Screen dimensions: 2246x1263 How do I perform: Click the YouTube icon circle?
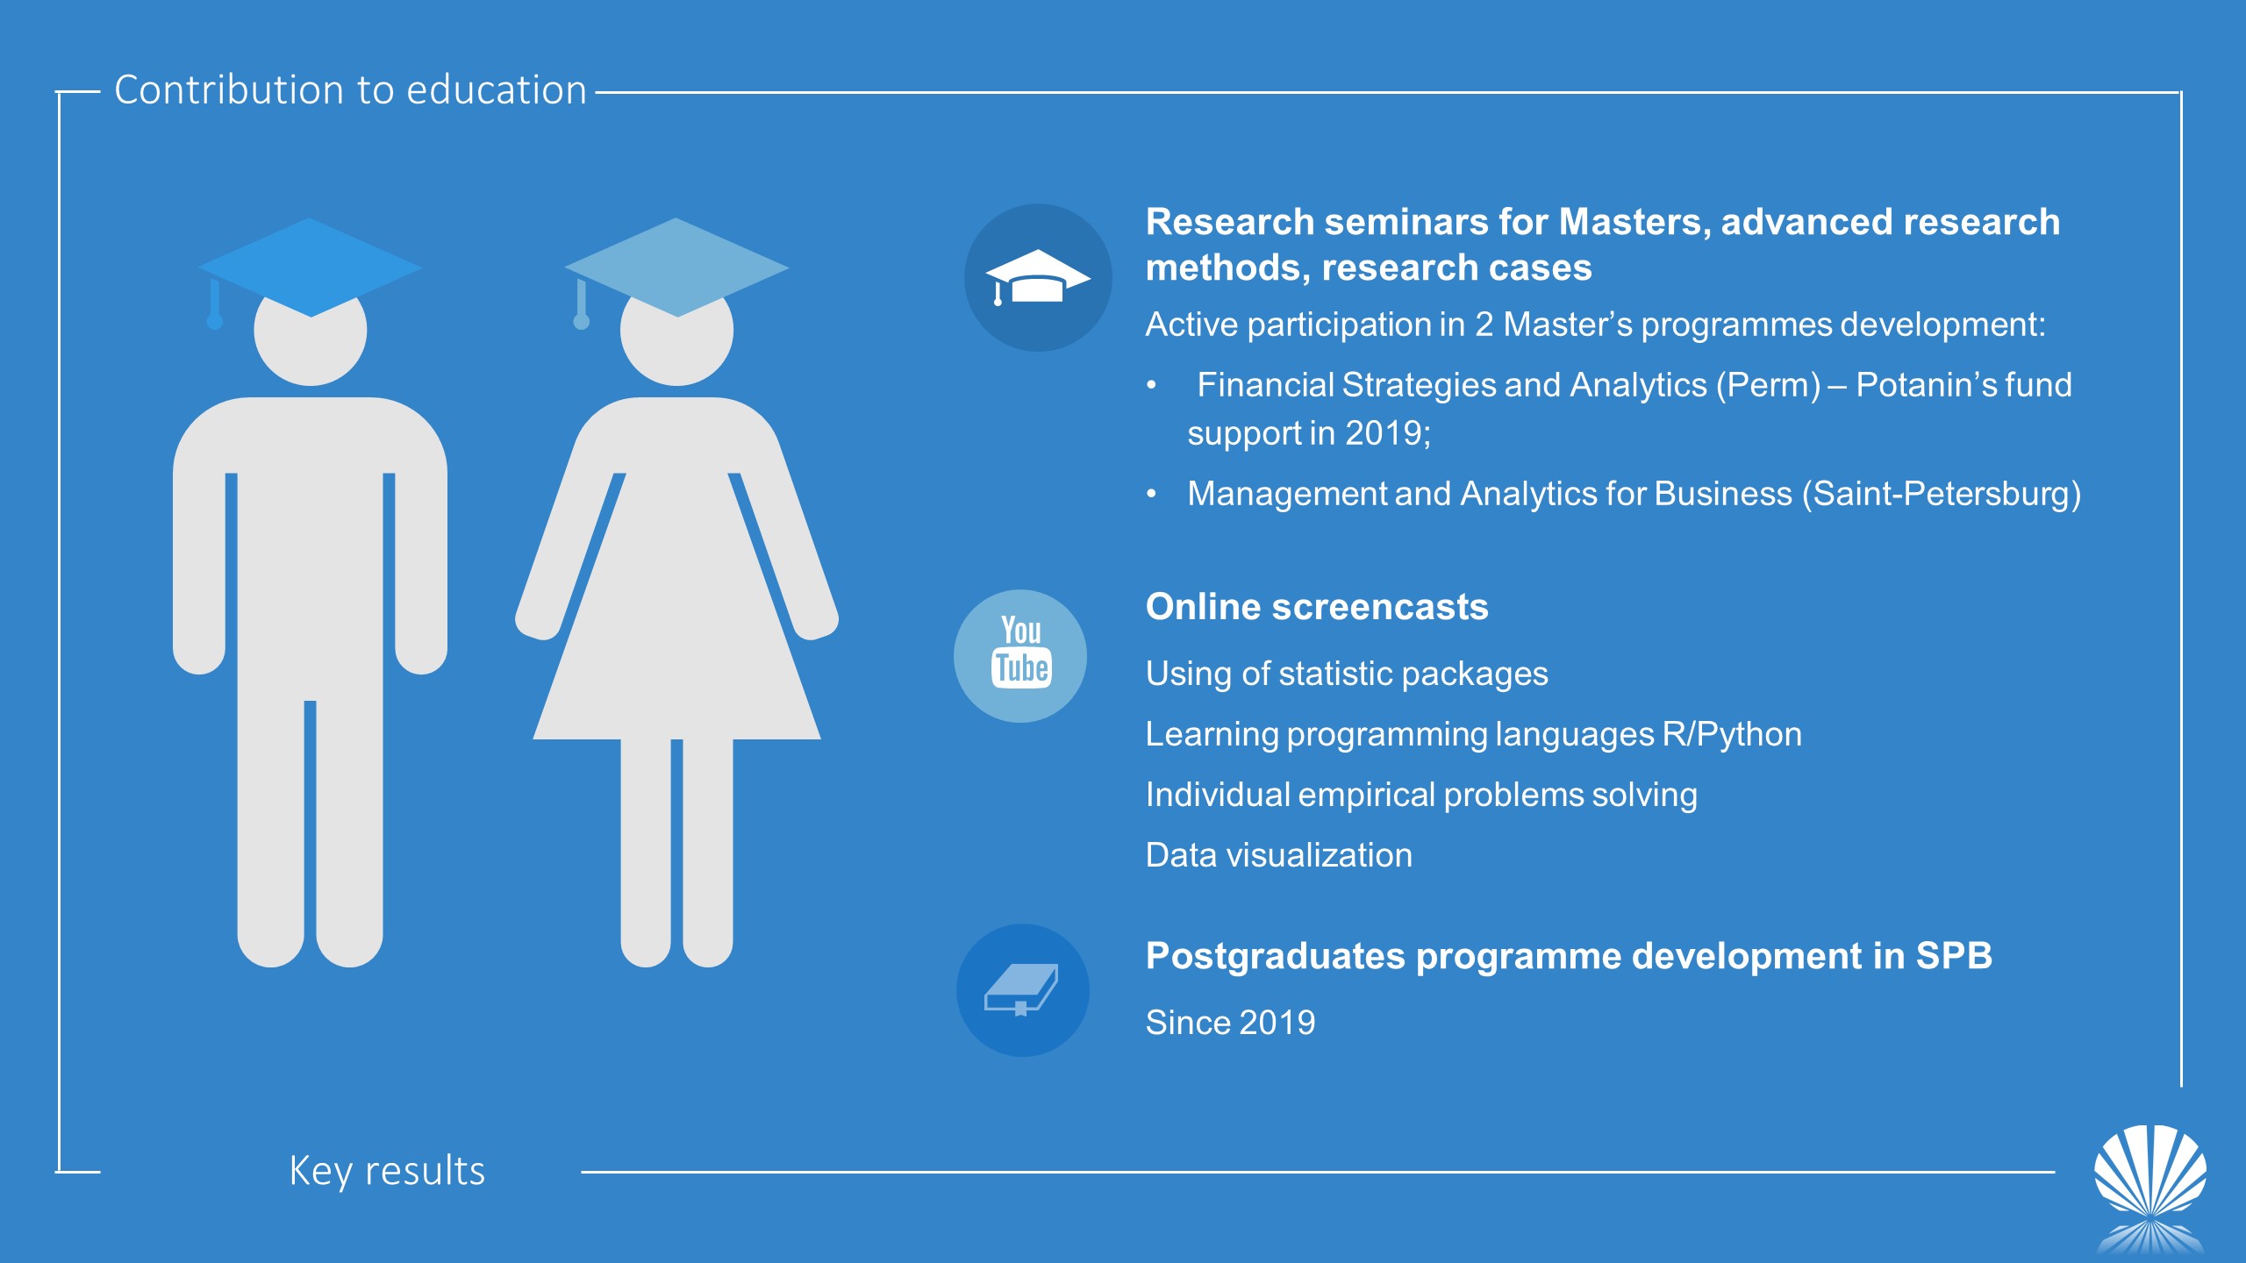tap(1020, 656)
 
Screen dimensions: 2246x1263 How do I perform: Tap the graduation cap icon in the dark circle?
tap(1038, 277)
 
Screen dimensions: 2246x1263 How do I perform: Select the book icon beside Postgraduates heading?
tap(1022, 989)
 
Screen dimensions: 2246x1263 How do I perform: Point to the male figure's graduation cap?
tap(310, 268)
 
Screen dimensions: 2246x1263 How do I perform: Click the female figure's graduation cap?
tap(676, 268)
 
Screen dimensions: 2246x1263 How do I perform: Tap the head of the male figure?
tap(311, 338)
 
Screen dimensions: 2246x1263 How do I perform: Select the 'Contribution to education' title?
tap(350, 89)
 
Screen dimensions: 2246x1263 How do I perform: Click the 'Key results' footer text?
tap(387, 1171)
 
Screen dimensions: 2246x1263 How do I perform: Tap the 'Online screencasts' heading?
tap(1317, 607)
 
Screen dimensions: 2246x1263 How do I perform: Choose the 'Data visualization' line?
tap(1279, 855)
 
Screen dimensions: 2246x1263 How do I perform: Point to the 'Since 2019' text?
tap(1231, 1023)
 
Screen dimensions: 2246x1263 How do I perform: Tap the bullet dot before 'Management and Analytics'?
tap(1151, 495)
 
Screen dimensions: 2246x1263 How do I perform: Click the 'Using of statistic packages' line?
tap(1347, 674)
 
